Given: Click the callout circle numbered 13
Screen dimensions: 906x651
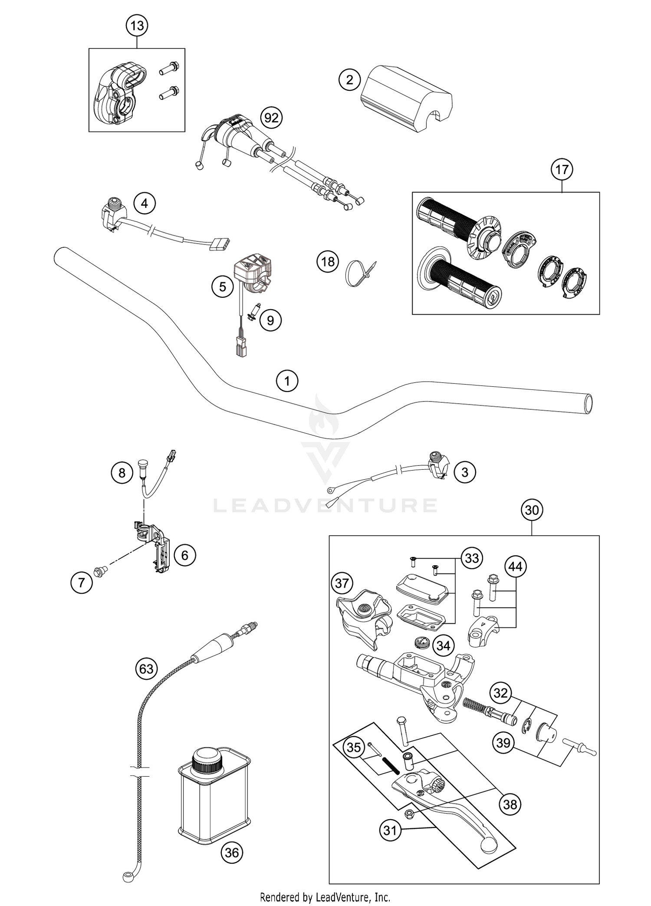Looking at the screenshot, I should coord(137,26).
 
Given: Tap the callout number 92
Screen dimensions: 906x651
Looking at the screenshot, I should coord(271,118).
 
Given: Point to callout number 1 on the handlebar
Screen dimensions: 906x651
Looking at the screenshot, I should coord(287,382).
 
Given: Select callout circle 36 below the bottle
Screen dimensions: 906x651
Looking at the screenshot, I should coord(232,853).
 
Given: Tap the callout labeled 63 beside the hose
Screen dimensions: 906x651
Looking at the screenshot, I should coord(146,669).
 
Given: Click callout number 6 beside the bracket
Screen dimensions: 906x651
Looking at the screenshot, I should coord(185,555).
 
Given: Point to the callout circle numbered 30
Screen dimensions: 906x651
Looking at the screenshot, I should coord(532,510).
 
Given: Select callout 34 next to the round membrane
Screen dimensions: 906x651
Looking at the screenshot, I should coord(443,646).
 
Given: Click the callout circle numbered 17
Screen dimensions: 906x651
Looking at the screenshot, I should coord(562,169).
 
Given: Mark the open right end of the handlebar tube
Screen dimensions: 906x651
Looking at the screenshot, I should coord(588,404).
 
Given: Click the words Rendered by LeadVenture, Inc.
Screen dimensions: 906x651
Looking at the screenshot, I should coord(325,897).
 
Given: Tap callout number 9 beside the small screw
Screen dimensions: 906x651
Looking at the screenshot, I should coord(270,320).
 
